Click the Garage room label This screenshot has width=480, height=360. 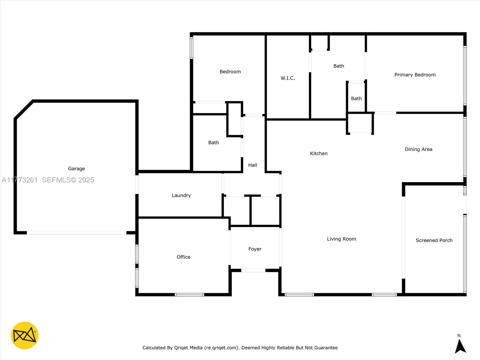click(x=76, y=169)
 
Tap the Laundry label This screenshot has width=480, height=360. click(x=181, y=195)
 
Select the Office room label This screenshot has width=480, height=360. click(x=183, y=257)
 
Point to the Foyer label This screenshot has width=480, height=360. click(x=255, y=249)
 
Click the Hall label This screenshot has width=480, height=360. click(x=253, y=165)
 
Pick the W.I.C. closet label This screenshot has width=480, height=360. click(x=288, y=78)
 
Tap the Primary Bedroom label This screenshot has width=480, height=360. click(x=415, y=75)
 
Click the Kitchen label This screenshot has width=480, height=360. click(x=319, y=153)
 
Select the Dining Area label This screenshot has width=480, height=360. click(x=418, y=149)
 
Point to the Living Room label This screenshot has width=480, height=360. click(x=341, y=239)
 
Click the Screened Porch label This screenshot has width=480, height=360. click(x=434, y=240)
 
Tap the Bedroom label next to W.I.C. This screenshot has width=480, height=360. click(x=230, y=71)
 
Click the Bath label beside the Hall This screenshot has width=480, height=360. click(x=214, y=142)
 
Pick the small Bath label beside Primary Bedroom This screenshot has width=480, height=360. click(x=356, y=98)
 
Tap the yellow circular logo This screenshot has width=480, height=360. click(x=25, y=335)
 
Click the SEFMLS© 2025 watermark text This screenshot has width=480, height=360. click(x=68, y=180)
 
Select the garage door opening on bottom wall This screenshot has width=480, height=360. click(x=76, y=233)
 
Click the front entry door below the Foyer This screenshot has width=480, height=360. click(x=253, y=271)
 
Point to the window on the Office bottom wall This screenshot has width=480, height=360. click(x=189, y=295)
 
